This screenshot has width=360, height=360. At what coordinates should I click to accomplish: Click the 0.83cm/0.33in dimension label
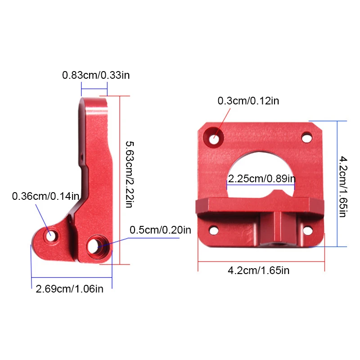coord(96,75)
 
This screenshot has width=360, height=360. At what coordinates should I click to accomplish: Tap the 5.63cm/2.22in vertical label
coord(130,175)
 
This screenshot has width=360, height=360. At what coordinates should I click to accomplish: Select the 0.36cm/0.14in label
coord(45,196)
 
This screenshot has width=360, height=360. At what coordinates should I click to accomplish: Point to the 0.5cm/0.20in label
coord(160,230)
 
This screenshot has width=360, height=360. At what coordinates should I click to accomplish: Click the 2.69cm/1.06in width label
coord(70,289)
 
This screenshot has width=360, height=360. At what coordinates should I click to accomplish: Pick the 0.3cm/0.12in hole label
coord(248,101)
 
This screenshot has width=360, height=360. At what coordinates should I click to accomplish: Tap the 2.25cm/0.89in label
coord(262,179)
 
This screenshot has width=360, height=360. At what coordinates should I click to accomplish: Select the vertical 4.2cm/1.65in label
coord(343,187)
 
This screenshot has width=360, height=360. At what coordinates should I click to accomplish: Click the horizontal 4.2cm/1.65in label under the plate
coord(258,270)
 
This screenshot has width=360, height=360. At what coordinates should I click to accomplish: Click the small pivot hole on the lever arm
coord(51,235)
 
